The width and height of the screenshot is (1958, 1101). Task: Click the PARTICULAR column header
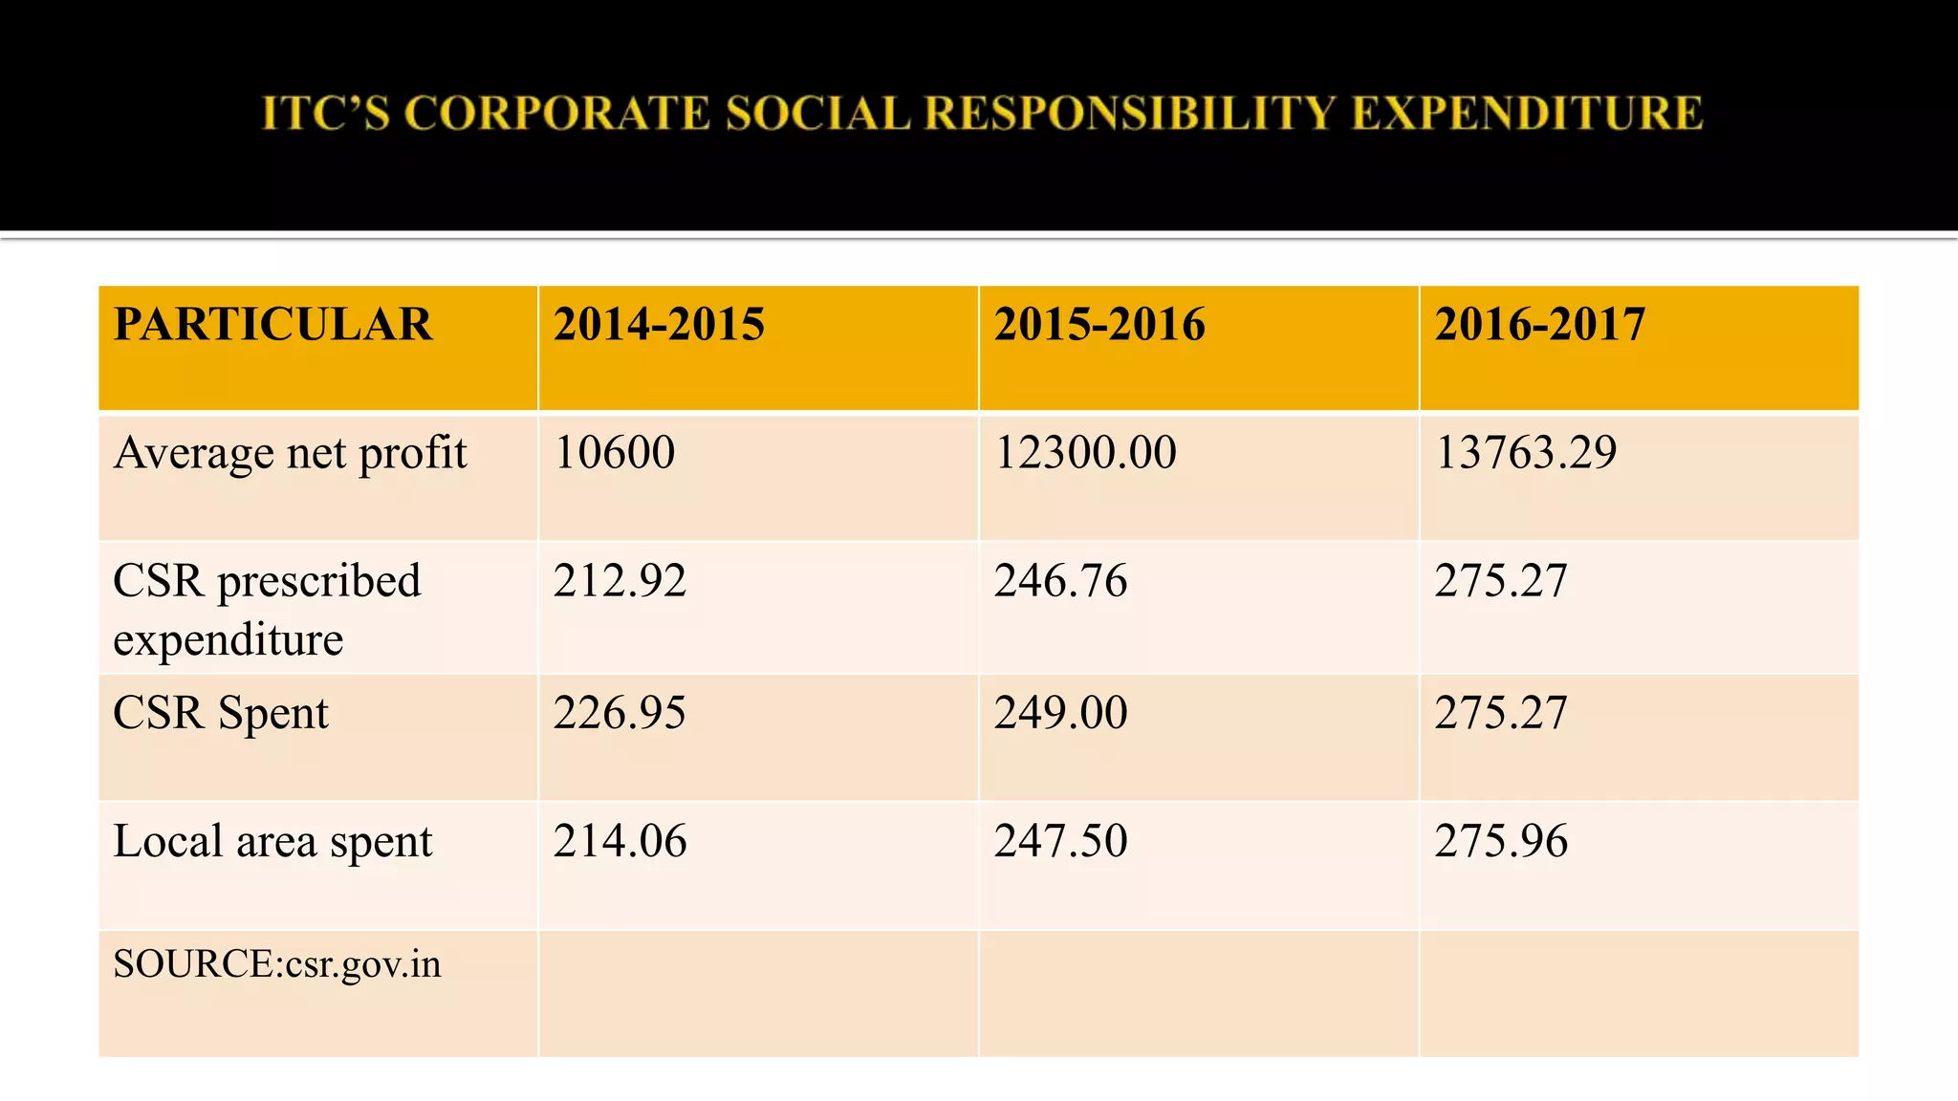tap(273, 324)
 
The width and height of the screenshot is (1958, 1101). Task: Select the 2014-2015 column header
tap(659, 324)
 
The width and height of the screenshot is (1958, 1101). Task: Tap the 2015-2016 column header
tap(1099, 324)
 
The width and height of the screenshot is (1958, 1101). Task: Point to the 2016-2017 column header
tap(1539, 324)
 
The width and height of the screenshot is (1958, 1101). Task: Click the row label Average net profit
tap(290, 453)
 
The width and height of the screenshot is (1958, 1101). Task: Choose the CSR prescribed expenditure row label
tap(267, 609)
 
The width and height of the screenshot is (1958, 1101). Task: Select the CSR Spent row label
tap(221, 713)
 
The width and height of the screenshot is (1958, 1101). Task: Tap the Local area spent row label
tap(272, 841)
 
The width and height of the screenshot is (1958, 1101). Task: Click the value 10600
tap(614, 452)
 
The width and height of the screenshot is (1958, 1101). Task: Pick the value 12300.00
tap(1085, 452)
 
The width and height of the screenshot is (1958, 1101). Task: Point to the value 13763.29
tap(1526, 452)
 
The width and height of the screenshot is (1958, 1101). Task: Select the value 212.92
tap(620, 581)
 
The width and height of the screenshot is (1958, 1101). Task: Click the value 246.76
tap(1060, 581)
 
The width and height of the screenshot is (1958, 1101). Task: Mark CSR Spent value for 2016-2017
tap(1501, 713)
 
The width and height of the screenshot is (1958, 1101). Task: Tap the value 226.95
tap(620, 713)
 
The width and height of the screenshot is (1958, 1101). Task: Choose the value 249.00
tap(1060, 713)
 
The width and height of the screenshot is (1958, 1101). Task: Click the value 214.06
tap(620, 841)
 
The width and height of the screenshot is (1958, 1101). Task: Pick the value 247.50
tap(1060, 841)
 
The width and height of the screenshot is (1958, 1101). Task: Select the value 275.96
tap(1501, 841)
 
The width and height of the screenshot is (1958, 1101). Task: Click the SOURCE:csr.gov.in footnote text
tap(277, 963)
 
